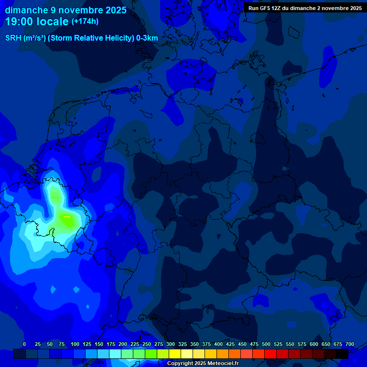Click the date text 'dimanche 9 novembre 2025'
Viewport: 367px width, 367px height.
coord(65,10)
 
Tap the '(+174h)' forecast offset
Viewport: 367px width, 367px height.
coord(85,22)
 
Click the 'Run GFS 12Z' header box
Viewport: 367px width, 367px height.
coord(305,8)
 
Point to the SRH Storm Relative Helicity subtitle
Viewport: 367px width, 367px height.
coord(81,38)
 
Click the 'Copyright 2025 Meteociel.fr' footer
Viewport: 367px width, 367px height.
coord(203,364)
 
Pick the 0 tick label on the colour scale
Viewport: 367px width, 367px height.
coord(24,344)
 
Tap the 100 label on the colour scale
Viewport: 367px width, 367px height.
coord(75,344)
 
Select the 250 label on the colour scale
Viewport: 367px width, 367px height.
coord(147,344)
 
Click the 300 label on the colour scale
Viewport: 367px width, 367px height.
coord(171,344)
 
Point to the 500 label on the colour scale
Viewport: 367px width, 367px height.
coord(266,344)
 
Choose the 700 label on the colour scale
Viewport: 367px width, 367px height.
coord(350,344)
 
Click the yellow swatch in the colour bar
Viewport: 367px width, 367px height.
coord(175,354)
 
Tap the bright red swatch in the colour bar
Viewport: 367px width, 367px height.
coord(270,354)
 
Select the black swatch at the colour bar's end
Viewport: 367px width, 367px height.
coord(342,354)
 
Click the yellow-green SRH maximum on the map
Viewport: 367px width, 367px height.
coord(67,220)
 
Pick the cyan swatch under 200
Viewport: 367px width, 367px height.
coord(115,354)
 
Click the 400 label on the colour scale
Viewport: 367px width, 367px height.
coord(218,344)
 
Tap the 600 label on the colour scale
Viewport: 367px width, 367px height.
coord(314,344)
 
